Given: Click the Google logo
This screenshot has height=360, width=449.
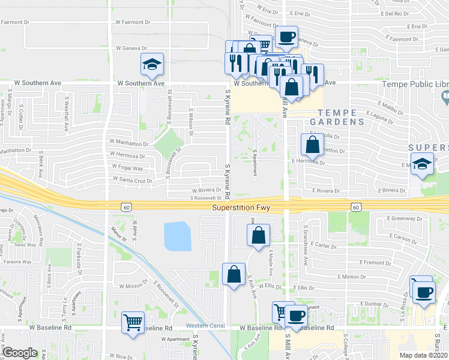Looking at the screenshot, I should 19,353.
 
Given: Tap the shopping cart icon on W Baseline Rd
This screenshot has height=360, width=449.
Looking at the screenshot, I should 133,322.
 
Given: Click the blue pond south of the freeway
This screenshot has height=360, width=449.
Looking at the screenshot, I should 177,236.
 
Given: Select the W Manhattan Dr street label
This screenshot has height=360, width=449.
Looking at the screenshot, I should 128,144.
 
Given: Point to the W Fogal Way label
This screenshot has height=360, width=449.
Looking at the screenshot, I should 126,169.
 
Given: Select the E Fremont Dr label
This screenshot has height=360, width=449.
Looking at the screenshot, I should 375,263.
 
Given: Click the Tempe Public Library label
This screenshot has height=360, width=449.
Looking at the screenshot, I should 416,84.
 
